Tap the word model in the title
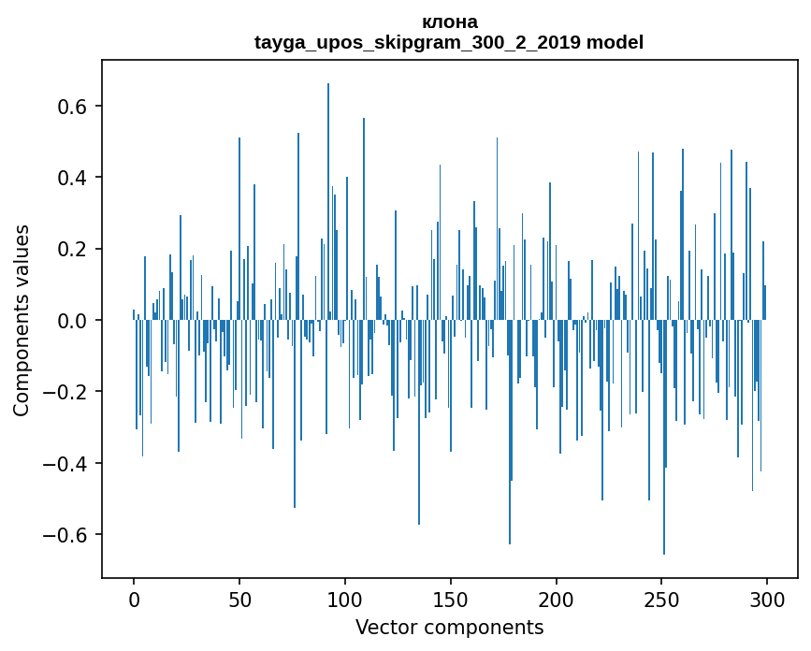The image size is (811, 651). [x=615, y=42]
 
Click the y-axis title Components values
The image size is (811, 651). [x=22, y=320]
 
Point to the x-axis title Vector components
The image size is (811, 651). [x=449, y=627]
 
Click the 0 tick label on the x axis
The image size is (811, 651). [x=134, y=599]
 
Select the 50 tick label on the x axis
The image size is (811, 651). [x=239, y=599]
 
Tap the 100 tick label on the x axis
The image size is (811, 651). [x=345, y=599]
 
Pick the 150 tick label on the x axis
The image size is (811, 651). [x=451, y=599]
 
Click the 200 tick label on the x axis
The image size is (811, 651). [x=557, y=599]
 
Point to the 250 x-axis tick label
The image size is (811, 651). [x=662, y=599]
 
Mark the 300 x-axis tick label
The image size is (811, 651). [x=768, y=599]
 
